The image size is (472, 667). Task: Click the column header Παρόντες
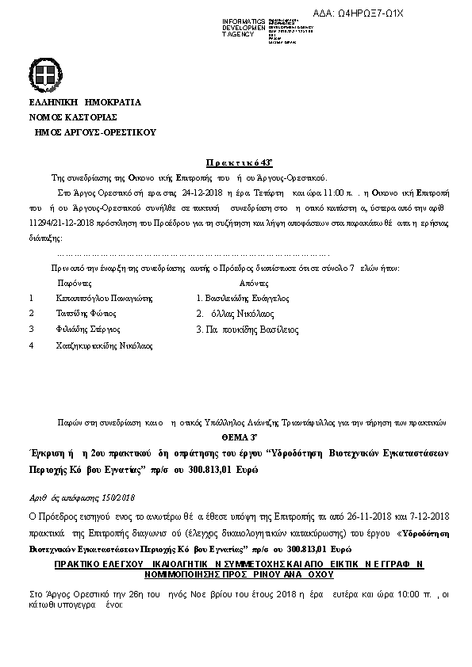[74, 283]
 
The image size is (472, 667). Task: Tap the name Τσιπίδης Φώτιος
[90, 314]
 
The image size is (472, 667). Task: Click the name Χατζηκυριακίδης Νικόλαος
[104, 345]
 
